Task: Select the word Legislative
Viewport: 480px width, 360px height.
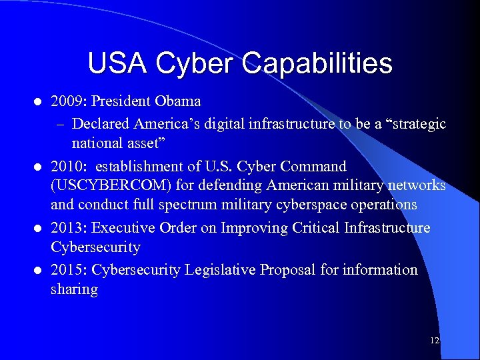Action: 222,270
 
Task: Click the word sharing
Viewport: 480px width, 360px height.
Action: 74,289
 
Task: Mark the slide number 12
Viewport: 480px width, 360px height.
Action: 435,341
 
